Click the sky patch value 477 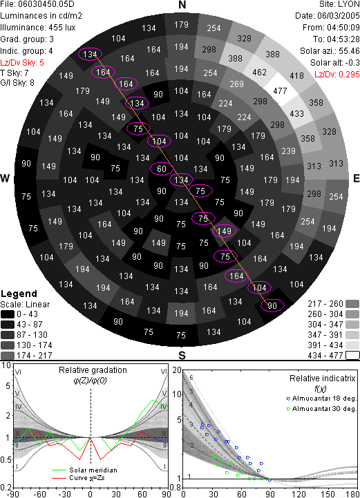280,91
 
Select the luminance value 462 259,73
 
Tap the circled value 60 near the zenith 162,169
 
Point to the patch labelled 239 288,151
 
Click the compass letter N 182,5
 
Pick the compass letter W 5,178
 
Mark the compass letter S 182,356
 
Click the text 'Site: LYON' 339,4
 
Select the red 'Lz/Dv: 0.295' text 337,75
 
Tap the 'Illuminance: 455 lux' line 38,28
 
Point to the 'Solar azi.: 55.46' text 330,51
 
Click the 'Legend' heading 19,294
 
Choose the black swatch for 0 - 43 8,314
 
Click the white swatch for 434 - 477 352,356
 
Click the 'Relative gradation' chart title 93,370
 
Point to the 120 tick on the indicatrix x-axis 299,494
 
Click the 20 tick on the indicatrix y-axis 177,370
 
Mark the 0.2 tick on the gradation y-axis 6,488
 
